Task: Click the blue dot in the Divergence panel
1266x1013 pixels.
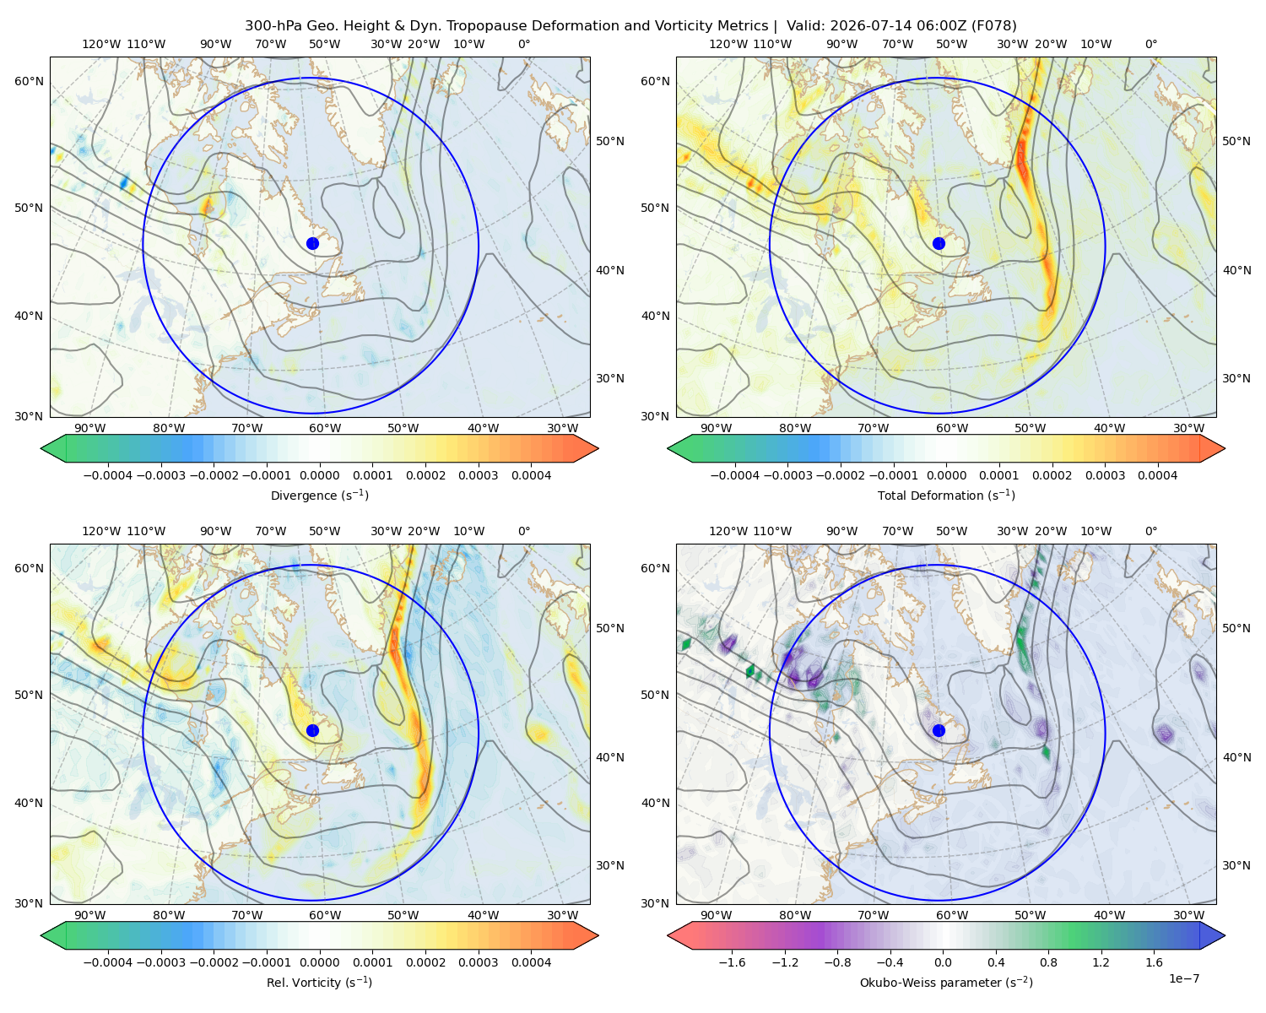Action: tap(312, 243)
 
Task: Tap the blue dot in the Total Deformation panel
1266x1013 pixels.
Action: tap(939, 243)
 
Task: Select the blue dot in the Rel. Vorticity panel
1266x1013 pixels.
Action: tap(312, 730)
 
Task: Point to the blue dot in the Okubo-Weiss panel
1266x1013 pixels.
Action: tap(939, 730)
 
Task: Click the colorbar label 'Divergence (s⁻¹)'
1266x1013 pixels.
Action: tap(319, 495)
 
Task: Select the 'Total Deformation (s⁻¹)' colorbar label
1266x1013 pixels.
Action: tap(946, 495)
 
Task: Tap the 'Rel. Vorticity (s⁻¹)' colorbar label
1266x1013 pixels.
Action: tap(319, 982)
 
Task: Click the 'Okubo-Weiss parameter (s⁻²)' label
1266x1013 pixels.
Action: tap(946, 982)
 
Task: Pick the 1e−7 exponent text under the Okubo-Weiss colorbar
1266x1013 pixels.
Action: tap(1183, 978)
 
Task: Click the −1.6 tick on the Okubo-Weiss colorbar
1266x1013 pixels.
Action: tap(732, 962)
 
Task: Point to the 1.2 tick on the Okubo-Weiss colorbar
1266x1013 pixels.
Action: tap(1101, 962)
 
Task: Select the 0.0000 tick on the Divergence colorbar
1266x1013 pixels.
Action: tap(319, 475)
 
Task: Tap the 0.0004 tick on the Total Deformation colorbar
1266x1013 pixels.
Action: tap(1157, 475)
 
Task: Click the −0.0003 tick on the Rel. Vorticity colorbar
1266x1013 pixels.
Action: tap(160, 962)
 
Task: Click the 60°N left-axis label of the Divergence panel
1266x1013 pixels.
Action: tap(29, 81)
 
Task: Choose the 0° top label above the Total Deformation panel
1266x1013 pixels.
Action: tap(1150, 44)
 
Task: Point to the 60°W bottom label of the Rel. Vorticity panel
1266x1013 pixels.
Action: tap(325, 915)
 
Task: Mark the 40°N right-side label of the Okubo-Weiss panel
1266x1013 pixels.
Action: tap(1236, 757)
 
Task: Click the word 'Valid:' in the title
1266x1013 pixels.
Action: tap(806, 26)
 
